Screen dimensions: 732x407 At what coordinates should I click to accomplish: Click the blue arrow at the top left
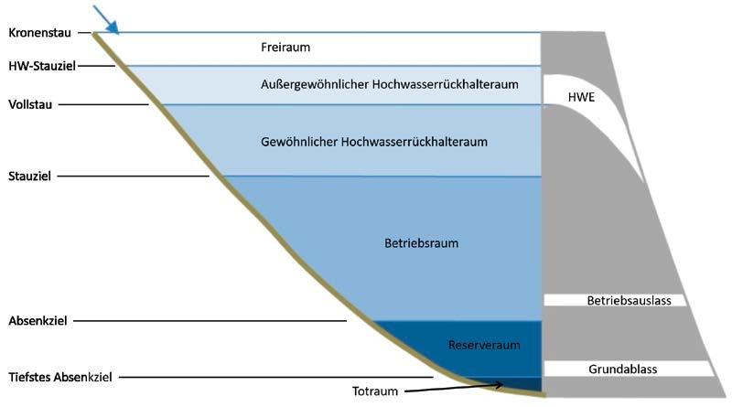[105, 17]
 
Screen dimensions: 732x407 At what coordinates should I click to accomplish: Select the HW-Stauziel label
[42, 66]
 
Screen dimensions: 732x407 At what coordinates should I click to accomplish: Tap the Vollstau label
[30, 104]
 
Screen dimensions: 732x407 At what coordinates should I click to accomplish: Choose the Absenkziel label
[38, 321]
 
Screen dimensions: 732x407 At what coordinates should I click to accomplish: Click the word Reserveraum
[478, 345]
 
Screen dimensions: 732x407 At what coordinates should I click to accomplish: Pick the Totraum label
[375, 391]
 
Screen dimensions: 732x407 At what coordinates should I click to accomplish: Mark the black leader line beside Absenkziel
[220, 321]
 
